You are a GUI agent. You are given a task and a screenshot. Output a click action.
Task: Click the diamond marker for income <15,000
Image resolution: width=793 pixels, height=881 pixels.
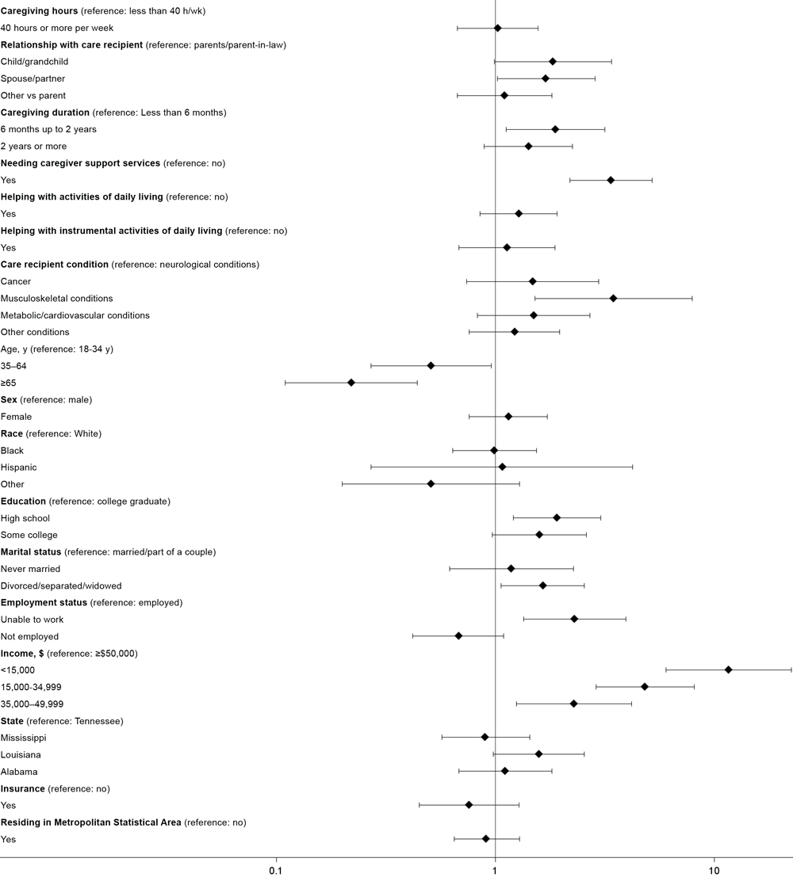tap(728, 669)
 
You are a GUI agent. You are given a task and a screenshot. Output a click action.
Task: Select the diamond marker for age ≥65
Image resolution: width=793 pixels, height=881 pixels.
tap(351, 383)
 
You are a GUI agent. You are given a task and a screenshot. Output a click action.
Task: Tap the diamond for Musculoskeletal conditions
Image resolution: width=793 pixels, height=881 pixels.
tap(613, 298)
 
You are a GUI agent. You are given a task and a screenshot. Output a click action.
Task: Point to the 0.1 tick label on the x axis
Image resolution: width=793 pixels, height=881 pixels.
tap(276, 870)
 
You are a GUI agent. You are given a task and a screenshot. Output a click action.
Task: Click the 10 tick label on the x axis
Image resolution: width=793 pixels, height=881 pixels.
tap(714, 870)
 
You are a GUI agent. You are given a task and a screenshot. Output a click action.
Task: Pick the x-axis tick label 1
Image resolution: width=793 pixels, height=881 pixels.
tap(495, 870)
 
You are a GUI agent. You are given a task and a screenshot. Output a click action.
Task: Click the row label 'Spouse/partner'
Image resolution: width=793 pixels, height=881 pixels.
tap(33, 78)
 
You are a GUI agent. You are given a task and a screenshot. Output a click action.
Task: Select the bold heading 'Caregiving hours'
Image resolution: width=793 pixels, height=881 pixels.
tap(40, 11)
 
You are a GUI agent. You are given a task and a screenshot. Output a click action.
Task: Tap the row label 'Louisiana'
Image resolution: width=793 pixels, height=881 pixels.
tap(20, 754)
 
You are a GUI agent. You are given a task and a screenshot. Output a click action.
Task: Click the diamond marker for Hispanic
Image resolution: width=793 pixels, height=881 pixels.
tap(502, 467)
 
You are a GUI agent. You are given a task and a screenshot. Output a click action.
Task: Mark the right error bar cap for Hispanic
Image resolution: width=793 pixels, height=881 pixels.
tap(632, 467)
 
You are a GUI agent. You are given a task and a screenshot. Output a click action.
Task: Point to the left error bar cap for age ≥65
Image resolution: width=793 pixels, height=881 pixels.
tap(285, 383)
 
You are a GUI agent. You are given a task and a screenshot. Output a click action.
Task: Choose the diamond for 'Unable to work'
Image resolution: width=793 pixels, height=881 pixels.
tap(574, 619)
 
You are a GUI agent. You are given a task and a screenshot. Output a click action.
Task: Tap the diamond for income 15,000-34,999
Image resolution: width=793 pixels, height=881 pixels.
tap(644, 686)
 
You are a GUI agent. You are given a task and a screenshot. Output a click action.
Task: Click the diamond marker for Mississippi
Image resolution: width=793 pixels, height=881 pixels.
tap(485, 737)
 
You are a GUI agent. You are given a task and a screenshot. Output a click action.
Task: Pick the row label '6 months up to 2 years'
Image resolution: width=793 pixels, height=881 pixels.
tap(49, 129)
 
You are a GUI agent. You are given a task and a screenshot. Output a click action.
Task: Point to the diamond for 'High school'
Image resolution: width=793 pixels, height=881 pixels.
tap(557, 517)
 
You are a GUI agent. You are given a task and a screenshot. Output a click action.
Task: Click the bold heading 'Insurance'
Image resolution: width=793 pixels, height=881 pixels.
tap(23, 788)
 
